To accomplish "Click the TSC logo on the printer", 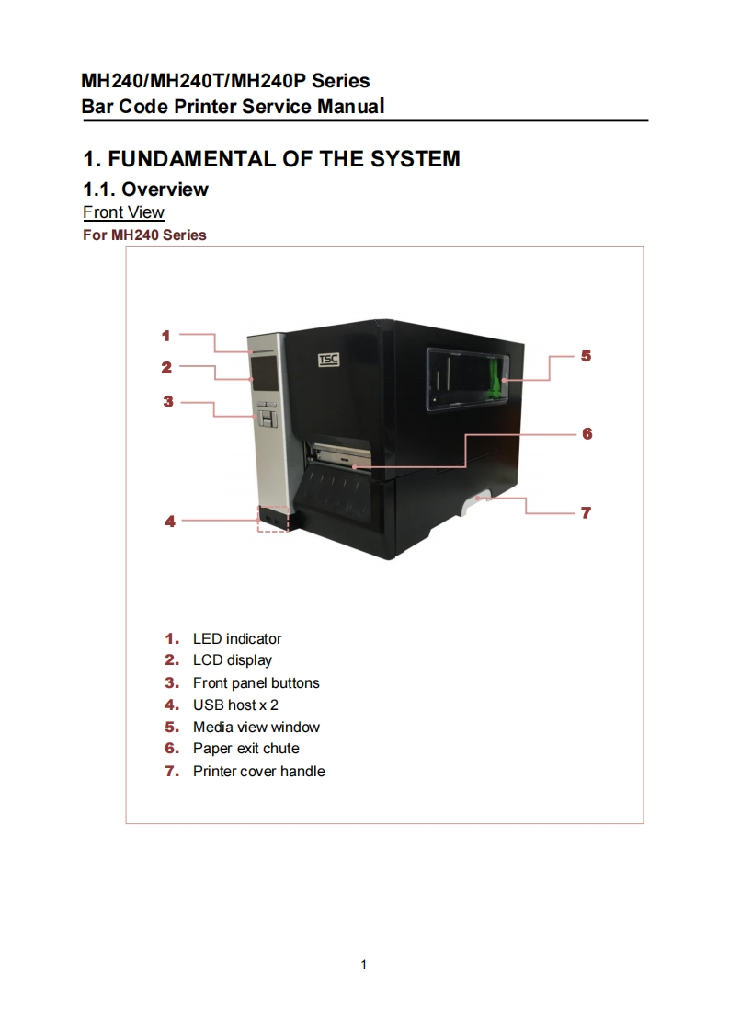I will pyautogui.click(x=328, y=360).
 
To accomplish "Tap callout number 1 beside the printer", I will pyautogui.click(x=166, y=335).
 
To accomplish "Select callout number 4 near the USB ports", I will pyautogui.click(x=169, y=521).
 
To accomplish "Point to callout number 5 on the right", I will pyautogui.click(x=586, y=355).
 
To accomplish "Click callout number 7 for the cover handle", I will pyautogui.click(x=586, y=512).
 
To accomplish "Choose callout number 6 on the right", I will pyautogui.click(x=587, y=433).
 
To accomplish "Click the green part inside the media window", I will pyautogui.click(x=498, y=378).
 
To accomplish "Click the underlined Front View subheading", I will pyautogui.click(x=123, y=212).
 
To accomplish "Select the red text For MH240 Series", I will pyautogui.click(x=144, y=235).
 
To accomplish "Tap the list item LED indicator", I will pyautogui.click(x=236, y=638).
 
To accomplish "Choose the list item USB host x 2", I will pyautogui.click(x=234, y=705).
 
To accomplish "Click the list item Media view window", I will pyautogui.click(x=256, y=727).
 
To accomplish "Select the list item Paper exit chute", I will pyautogui.click(x=245, y=749).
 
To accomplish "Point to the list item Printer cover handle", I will pyautogui.click(x=258, y=771).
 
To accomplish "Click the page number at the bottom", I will pyautogui.click(x=364, y=964).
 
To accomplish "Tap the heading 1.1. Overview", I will pyautogui.click(x=145, y=189).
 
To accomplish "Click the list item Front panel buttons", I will pyautogui.click(x=256, y=682).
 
